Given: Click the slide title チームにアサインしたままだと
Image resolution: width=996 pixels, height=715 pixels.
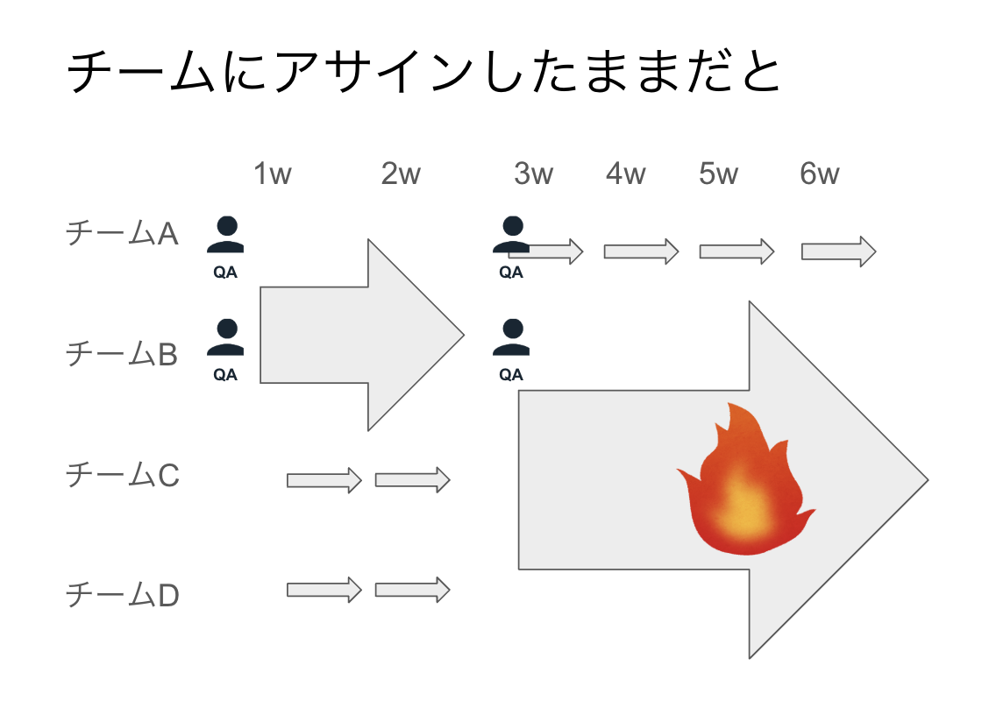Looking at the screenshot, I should [423, 74].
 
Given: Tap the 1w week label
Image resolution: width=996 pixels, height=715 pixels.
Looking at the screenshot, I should [272, 174].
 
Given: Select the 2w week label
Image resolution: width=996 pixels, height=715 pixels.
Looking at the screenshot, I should [401, 174].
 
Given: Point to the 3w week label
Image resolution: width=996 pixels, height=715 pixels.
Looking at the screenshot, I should [534, 174].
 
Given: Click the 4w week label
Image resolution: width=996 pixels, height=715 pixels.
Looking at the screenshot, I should [625, 174].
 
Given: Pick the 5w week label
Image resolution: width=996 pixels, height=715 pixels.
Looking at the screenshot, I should [719, 174].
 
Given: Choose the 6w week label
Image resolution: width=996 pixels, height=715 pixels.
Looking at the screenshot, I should [820, 174].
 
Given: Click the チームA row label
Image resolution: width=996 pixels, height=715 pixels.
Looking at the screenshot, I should [123, 234].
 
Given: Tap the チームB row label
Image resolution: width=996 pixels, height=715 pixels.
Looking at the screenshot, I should [123, 354].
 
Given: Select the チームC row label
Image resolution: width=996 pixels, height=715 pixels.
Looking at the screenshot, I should [123, 475].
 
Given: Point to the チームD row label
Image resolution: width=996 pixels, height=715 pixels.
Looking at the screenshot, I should [123, 596].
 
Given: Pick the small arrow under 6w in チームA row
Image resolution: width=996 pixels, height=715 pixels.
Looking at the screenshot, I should [838, 251].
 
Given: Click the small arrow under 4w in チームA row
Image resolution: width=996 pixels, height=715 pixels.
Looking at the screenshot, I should [641, 251].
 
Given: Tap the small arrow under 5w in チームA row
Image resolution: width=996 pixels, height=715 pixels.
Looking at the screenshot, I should [736, 251].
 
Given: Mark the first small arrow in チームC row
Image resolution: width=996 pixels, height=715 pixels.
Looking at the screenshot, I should [324, 479].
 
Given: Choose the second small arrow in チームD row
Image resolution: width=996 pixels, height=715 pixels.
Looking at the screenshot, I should [412, 589].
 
